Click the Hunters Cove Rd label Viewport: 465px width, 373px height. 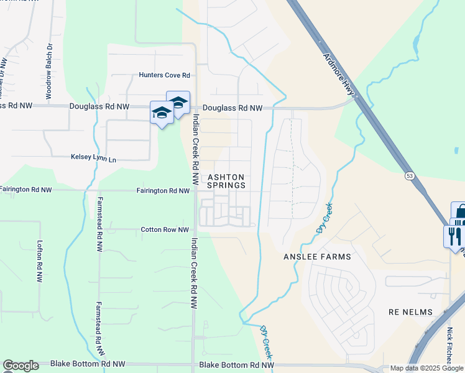tap(164, 75)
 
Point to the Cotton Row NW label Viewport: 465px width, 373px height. tap(165, 230)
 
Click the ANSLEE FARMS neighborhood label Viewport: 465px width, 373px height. tap(317, 257)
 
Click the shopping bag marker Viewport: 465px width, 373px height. tap(459, 213)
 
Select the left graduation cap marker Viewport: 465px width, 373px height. tap(162, 113)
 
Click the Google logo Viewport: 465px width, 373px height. tap(20, 366)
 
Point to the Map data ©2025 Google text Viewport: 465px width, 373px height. tap(426, 368)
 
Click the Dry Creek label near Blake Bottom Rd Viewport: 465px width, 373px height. tap(266, 342)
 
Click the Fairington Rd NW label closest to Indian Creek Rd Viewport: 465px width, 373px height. tap(162, 191)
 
